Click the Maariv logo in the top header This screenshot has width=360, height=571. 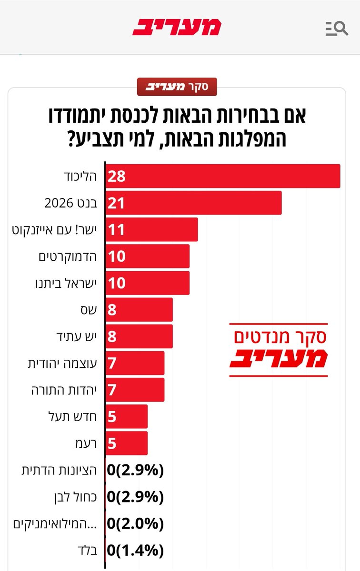click(x=177, y=27)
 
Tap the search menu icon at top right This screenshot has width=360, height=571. click(x=336, y=29)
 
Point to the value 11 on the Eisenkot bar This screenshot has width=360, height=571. click(x=116, y=230)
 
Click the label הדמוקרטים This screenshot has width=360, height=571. click(x=68, y=256)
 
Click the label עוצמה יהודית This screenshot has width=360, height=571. click(x=62, y=364)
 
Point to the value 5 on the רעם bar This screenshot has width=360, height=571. click(x=111, y=443)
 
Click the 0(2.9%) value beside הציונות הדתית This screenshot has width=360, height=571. click(x=136, y=471)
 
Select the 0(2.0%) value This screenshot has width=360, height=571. click(x=136, y=524)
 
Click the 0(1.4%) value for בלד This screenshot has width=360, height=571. click(x=136, y=551)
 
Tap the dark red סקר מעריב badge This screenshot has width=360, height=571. click(x=177, y=87)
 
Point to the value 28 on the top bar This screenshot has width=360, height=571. click(x=116, y=177)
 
